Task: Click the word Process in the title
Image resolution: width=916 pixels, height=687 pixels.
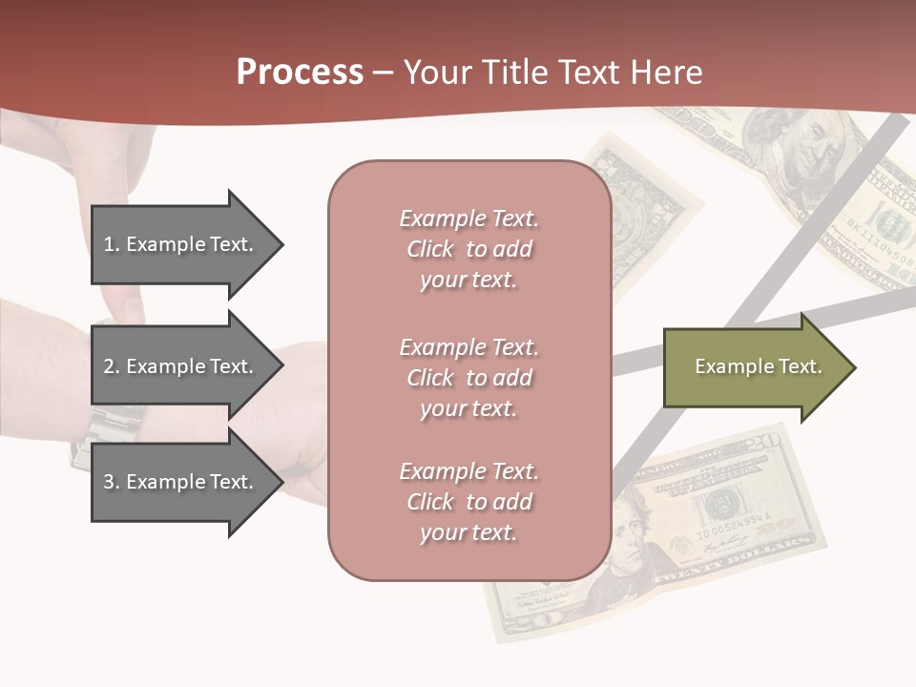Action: tap(300, 73)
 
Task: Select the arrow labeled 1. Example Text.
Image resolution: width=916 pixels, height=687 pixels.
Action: tap(181, 244)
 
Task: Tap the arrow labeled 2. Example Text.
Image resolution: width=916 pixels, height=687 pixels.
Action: tap(181, 366)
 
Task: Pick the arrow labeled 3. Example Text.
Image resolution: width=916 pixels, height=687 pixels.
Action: tap(181, 482)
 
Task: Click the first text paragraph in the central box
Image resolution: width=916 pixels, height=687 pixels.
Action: tap(468, 249)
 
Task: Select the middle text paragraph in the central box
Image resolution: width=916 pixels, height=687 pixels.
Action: tap(468, 378)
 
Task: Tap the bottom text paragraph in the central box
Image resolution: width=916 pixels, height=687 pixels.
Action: tap(468, 502)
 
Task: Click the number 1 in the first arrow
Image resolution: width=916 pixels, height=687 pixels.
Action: tap(108, 244)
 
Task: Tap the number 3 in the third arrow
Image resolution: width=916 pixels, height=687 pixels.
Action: tap(108, 482)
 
